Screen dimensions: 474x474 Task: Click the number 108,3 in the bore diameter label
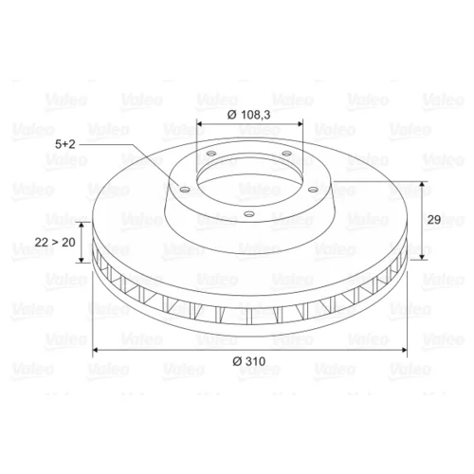(256, 115)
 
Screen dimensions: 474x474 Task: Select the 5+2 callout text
(65, 144)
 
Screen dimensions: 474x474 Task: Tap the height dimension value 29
(434, 219)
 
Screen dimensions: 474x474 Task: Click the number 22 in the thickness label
(41, 243)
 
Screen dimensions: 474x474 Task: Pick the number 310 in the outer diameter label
(255, 361)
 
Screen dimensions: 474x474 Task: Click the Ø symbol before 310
(238, 361)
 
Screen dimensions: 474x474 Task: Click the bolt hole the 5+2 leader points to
(184, 190)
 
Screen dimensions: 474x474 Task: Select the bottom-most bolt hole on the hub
(249, 214)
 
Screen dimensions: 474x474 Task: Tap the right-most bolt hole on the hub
(313, 190)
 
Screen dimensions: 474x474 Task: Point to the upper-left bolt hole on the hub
(210, 154)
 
